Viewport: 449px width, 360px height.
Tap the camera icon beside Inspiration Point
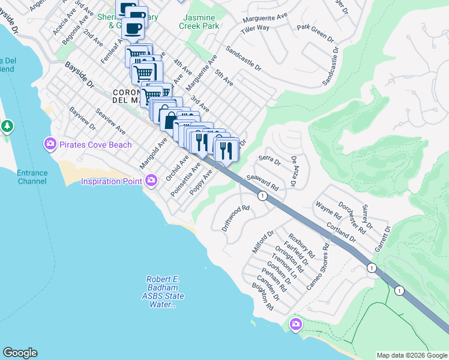pos(151,181)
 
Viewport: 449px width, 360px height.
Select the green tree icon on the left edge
pos(7,127)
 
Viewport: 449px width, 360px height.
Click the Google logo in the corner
pos(20,353)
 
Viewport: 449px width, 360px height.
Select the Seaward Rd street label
pos(262,182)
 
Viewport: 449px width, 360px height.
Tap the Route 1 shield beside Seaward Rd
pos(262,196)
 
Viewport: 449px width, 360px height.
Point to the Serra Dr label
pos(270,160)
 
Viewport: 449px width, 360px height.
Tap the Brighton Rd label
pos(262,298)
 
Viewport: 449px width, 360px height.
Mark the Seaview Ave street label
pos(110,121)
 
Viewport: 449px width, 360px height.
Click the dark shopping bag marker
pos(170,119)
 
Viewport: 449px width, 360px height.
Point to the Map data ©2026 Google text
pos(412,355)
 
